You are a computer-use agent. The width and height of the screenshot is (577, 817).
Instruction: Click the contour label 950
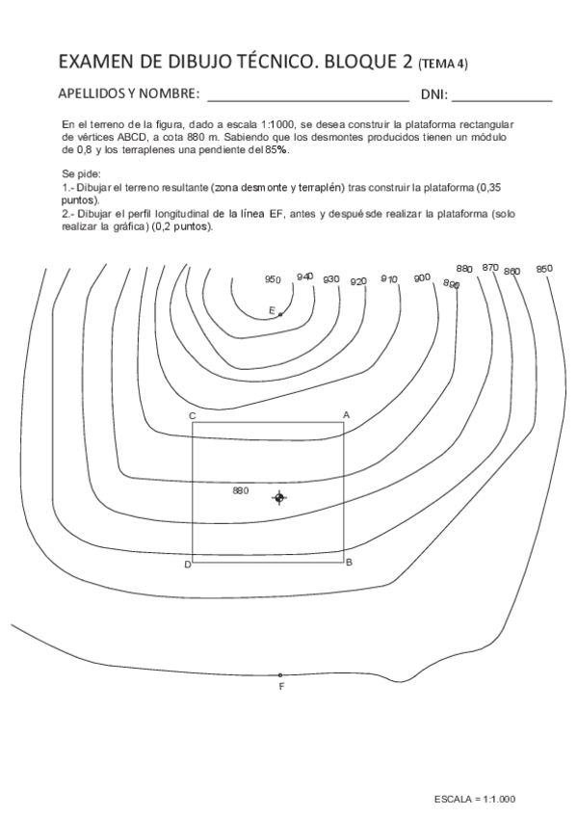273,280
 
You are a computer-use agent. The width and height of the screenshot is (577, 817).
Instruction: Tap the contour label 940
304,277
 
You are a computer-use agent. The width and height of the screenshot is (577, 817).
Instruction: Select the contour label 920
358,281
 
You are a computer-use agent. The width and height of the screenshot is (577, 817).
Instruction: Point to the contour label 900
421,277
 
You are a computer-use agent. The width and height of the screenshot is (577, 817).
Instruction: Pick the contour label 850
544,269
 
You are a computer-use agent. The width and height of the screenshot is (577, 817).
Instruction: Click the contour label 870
490,268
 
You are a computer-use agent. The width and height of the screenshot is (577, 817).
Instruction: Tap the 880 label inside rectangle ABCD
241,490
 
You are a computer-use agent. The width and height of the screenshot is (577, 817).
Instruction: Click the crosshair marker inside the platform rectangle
279,497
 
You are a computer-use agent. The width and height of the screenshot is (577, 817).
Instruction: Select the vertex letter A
346,415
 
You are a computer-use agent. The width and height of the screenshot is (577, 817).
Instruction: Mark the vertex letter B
349,562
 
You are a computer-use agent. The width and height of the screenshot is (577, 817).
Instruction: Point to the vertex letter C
193,415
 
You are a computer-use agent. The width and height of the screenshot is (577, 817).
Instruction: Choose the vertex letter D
188,564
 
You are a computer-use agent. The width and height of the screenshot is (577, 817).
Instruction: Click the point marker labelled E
280,314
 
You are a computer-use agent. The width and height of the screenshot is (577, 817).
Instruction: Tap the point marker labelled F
280,674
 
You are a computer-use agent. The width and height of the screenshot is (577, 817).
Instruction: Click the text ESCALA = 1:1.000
475,799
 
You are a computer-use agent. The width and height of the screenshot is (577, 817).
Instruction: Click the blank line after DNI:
502,99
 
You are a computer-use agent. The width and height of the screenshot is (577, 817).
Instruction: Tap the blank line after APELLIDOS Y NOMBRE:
307,99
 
